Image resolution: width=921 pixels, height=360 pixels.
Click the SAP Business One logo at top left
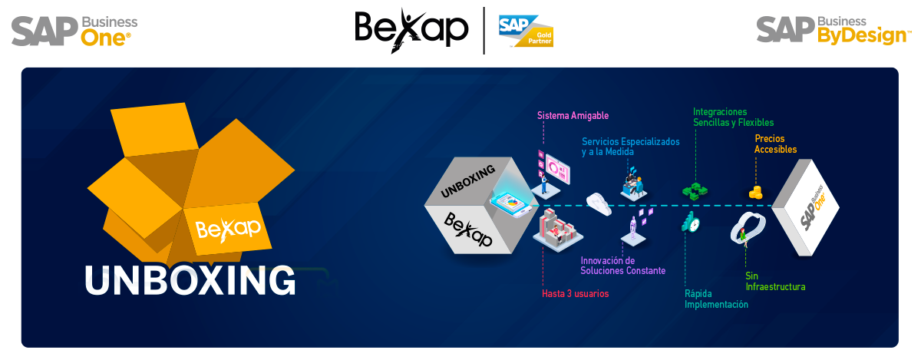(x=74, y=31)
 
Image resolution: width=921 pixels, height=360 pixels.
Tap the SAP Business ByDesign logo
(x=834, y=30)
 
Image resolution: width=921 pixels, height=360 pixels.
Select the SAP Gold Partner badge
(x=526, y=31)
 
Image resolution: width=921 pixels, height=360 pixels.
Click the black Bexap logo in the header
(x=411, y=31)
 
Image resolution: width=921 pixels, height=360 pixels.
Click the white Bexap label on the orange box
(x=228, y=229)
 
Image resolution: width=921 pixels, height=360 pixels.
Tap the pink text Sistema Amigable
(x=573, y=116)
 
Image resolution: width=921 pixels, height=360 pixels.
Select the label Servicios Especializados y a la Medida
(x=630, y=147)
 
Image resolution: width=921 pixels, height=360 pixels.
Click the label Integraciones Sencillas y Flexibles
(x=733, y=117)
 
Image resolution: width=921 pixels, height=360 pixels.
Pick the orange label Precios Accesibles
(x=775, y=144)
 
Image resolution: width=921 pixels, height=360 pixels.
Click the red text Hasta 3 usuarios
(x=575, y=294)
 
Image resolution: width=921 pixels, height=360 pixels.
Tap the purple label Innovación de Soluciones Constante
(x=623, y=266)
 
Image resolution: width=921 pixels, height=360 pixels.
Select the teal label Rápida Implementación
(x=716, y=299)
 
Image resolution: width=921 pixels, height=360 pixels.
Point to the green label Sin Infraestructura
(x=775, y=282)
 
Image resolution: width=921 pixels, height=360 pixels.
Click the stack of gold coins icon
(x=756, y=193)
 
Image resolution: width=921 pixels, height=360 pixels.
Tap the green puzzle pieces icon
(x=695, y=191)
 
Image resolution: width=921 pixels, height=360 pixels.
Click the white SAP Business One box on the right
(x=805, y=207)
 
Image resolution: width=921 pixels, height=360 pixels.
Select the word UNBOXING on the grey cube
(x=468, y=181)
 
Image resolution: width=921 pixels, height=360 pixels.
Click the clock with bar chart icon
(x=692, y=223)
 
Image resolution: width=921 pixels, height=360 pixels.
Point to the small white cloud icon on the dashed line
(x=599, y=203)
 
